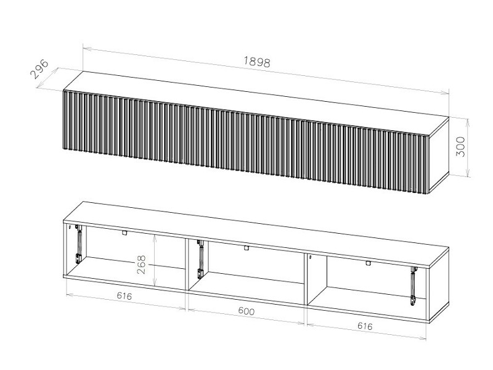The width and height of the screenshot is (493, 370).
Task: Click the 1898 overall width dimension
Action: coord(257,62)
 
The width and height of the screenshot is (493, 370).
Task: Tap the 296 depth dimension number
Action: coord(39,69)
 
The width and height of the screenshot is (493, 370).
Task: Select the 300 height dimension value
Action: coord(460,146)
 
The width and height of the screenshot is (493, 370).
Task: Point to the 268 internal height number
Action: coord(142,265)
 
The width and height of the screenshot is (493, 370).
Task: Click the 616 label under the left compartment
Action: coord(124,296)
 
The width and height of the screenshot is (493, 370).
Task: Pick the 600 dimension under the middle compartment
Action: coord(246,311)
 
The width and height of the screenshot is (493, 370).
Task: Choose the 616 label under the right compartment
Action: coord(365,326)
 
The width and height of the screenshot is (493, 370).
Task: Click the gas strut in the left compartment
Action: coord(79,244)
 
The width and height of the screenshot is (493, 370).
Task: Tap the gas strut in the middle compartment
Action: coord(200,259)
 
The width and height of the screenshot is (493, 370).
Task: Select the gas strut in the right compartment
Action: coord(413,286)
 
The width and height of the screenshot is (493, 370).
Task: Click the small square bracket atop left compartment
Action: coord(125,233)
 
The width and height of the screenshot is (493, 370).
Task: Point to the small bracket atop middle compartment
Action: coord(246,248)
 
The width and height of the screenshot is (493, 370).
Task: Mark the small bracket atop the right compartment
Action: coord(368,263)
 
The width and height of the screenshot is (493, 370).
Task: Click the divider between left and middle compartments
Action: coord(187,265)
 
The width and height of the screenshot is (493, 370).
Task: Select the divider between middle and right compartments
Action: coord(306,279)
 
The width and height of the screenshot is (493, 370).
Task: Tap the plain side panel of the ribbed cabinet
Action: coord(439,154)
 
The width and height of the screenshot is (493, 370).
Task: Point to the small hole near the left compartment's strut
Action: coord(76,226)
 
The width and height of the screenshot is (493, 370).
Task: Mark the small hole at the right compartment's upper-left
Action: coord(310,257)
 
